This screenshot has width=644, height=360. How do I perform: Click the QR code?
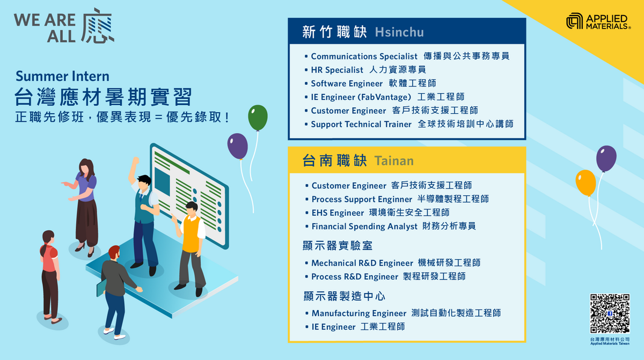(x=610, y=313)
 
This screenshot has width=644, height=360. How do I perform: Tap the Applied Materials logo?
(x=598, y=21)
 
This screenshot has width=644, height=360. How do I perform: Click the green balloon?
(x=258, y=117)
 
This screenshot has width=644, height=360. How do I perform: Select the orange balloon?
(x=586, y=183)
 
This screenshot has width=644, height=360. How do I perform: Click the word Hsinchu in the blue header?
(x=399, y=32)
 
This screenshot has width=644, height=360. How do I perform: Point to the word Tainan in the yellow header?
(x=394, y=161)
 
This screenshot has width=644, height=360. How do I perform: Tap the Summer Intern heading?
(x=62, y=76)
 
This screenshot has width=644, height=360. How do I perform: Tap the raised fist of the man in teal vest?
(x=135, y=160)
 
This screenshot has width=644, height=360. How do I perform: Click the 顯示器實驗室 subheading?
(x=338, y=246)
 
